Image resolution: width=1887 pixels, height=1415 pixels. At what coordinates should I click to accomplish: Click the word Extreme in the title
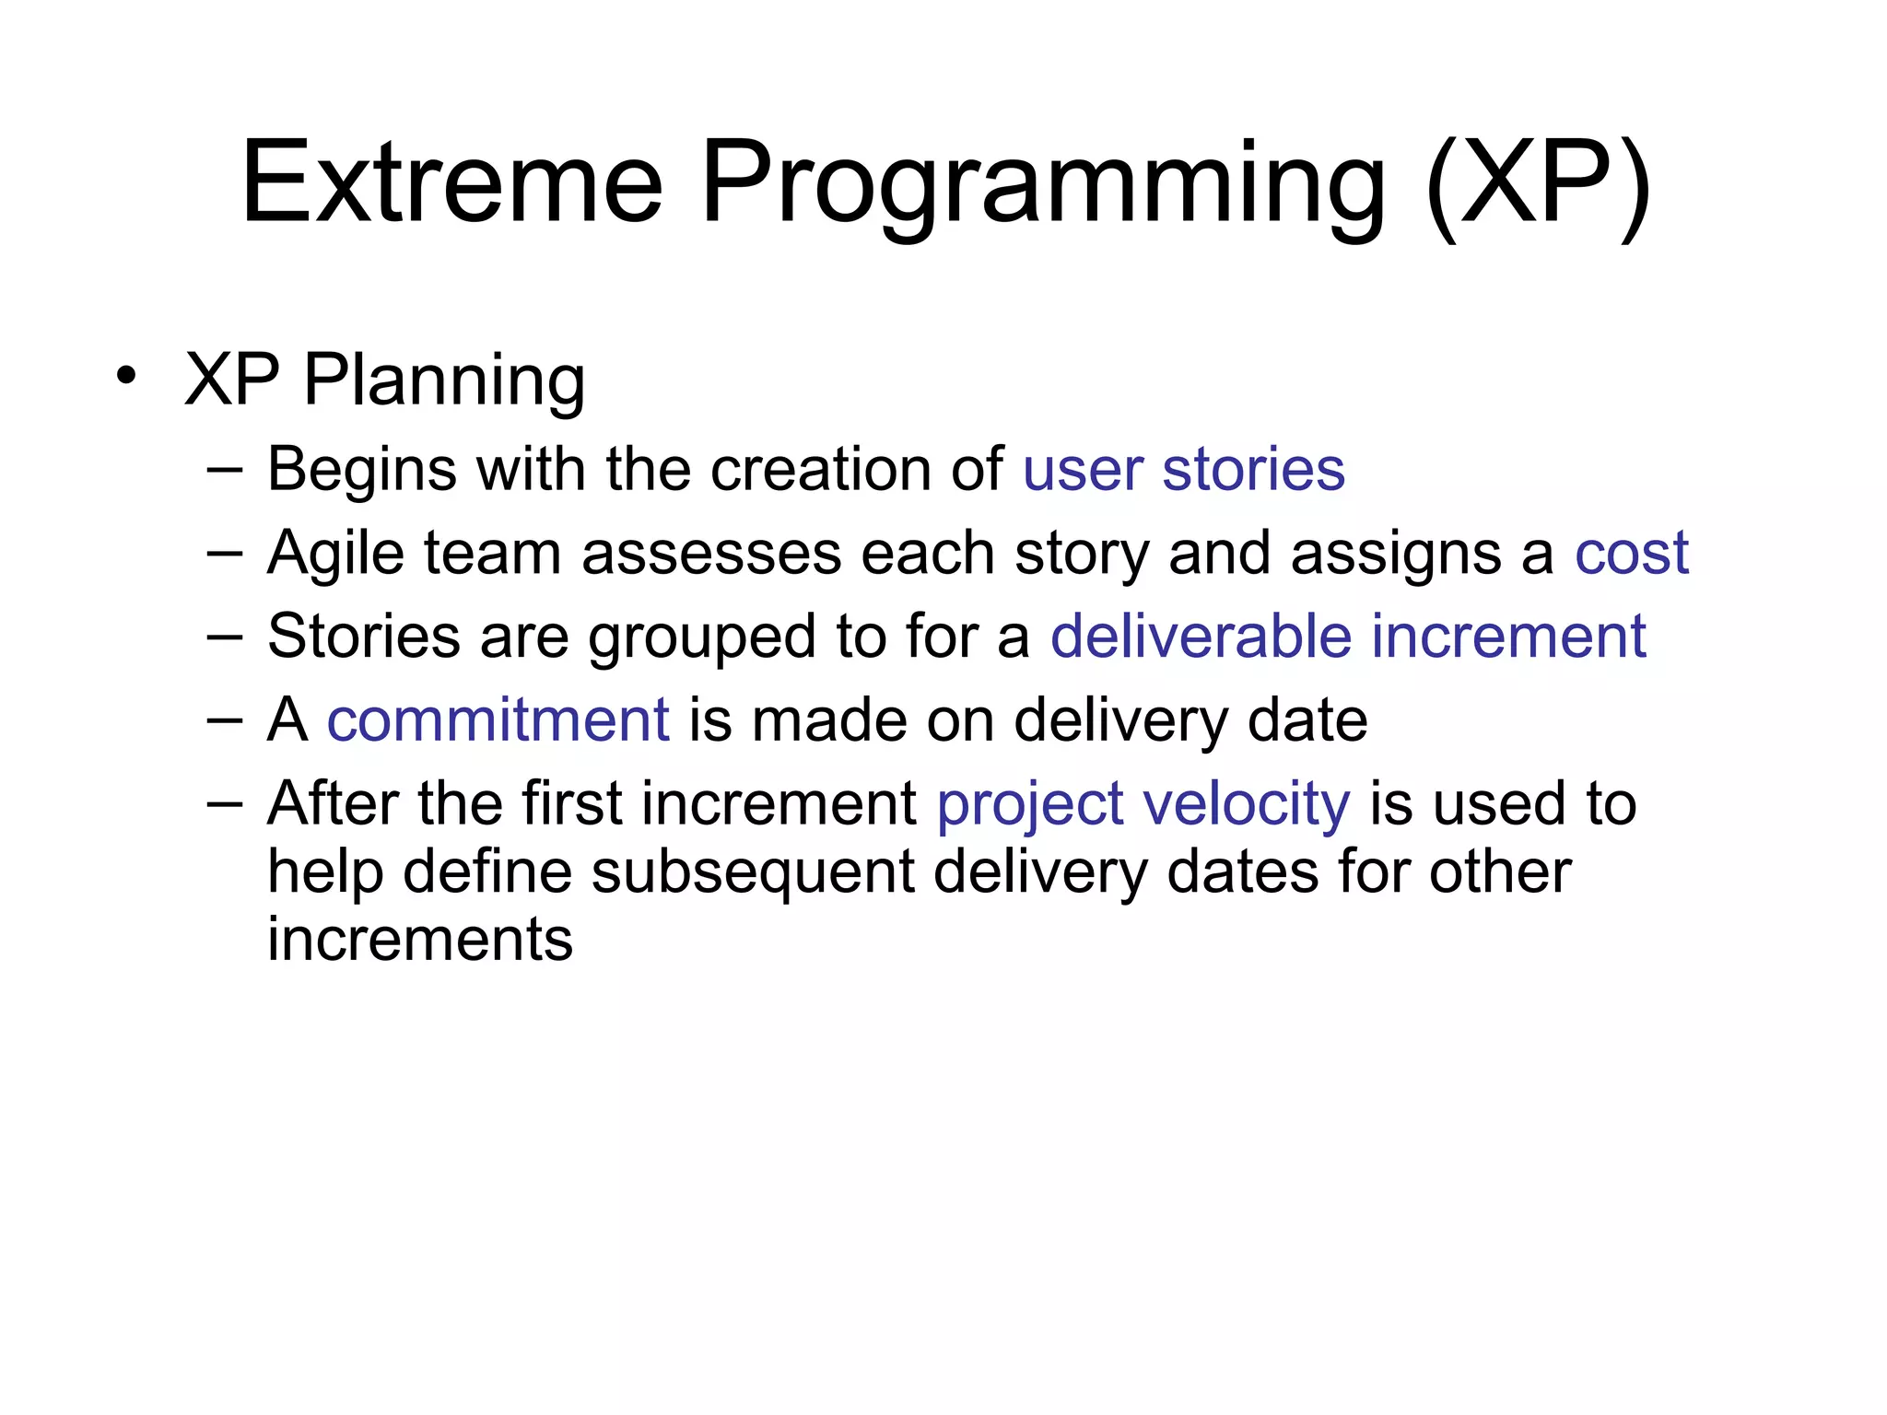click(x=451, y=181)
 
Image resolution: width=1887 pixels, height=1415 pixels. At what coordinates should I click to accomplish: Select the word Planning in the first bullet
click(x=444, y=380)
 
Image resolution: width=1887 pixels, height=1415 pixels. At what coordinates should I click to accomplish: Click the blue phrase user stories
click(x=1183, y=470)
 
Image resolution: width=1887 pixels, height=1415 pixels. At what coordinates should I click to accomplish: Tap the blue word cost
click(x=1631, y=554)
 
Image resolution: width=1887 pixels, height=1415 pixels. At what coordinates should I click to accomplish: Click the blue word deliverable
click(x=1201, y=637)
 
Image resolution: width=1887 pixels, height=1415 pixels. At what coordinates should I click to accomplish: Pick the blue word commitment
click(x=498, y=719)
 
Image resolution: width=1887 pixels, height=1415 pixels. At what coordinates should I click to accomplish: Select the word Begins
click(x=361, y=470)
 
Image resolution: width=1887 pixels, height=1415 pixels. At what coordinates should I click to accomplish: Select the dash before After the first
click(x=225, y=802)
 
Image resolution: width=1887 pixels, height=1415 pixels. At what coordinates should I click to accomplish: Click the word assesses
click(x=711, y=554)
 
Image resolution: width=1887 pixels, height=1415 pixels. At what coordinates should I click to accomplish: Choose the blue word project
click(x=1030, y=805)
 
